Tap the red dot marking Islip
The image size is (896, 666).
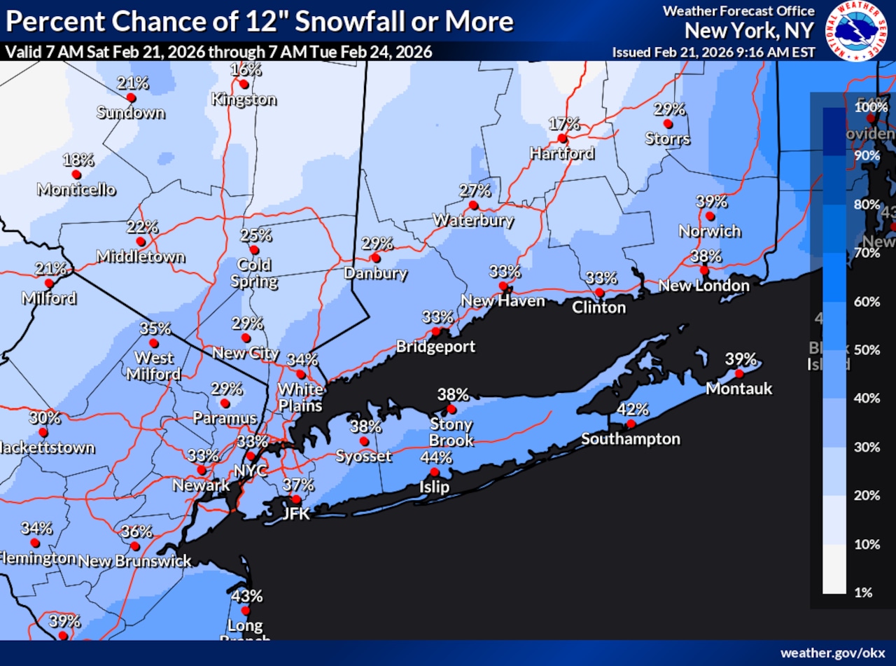434,472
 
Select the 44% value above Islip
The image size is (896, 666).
435,457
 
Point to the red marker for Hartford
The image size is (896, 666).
561,138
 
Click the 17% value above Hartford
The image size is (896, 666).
563,124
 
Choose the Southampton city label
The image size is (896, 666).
630,439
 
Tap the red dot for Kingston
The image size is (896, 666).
244,84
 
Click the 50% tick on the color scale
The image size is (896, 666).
867,349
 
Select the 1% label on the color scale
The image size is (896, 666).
864,592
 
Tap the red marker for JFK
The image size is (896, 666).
296,499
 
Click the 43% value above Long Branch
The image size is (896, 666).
246,596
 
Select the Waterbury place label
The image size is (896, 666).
473,220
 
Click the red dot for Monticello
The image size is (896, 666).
76,174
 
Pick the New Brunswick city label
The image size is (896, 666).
134,561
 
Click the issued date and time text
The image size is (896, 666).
713,52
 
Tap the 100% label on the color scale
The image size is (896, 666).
871,107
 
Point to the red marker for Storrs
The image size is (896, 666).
668,123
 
